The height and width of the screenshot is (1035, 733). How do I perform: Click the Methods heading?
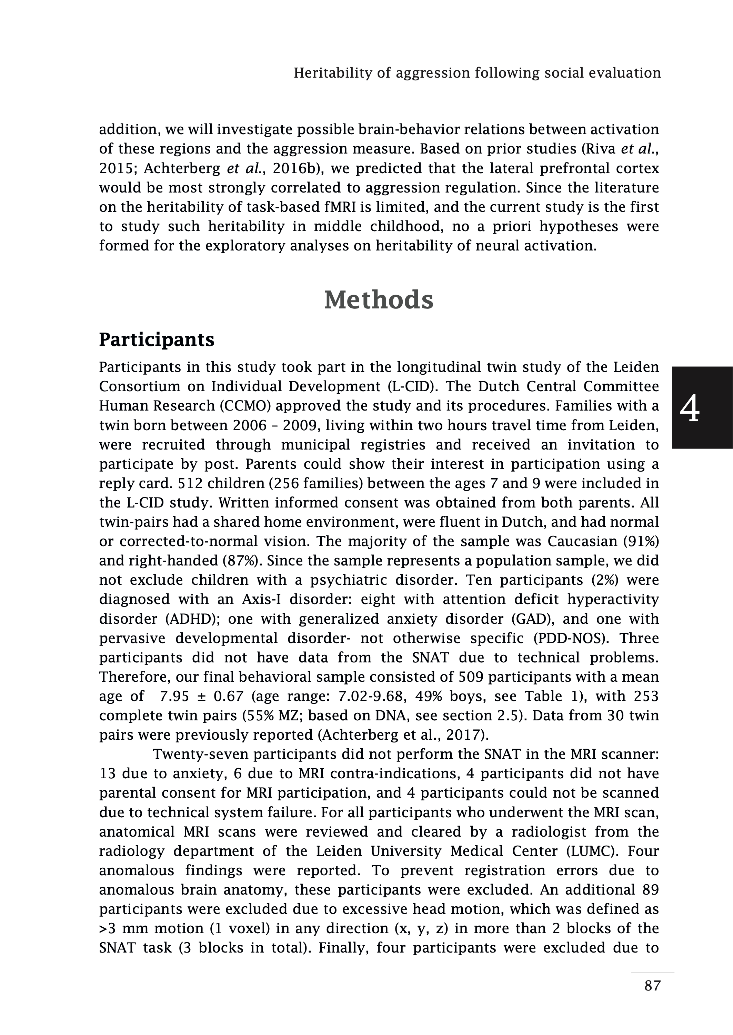379,300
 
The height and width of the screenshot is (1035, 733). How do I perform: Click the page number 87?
652,998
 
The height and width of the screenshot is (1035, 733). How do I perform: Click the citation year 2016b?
294,168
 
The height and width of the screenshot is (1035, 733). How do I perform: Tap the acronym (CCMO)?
245,406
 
